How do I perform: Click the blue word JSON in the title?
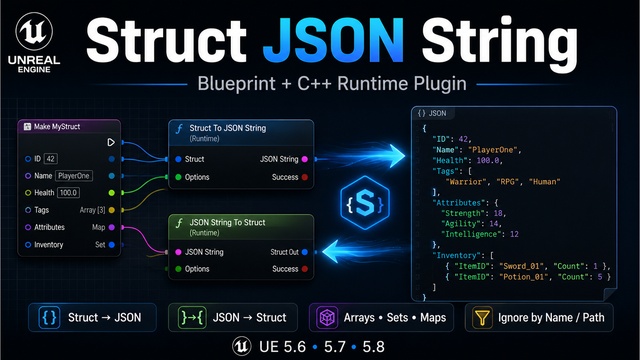point(333,41)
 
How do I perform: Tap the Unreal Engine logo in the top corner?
point(34,31)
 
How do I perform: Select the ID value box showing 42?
point(50,159)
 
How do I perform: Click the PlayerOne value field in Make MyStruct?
point(74,176)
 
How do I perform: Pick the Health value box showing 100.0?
point(68,193)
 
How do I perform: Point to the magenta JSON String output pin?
point(304,159)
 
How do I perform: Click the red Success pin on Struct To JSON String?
point(304,177)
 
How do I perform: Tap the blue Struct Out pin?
point(304,252)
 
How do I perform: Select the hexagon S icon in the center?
point(364,202)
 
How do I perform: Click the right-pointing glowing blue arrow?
point(361,156)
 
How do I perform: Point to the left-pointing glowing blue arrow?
point(365,251)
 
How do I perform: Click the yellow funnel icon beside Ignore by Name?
point(482,317)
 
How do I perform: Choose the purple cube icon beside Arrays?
point(327,317)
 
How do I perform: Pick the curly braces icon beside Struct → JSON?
point(49,317)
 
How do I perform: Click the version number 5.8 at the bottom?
point(373,347)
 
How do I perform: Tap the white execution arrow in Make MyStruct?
point(111,142)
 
